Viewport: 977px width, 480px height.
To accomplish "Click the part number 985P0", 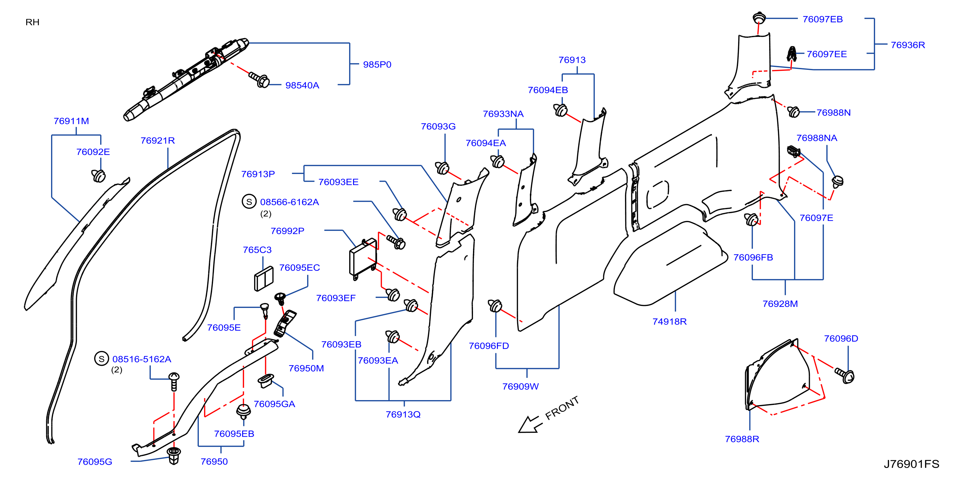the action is point(377,64).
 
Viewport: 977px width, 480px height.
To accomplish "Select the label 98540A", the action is point(302,85).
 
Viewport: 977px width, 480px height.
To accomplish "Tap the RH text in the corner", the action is point(33,22).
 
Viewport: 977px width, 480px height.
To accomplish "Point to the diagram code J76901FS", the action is point(911,464).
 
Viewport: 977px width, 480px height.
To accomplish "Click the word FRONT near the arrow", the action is point(562,408).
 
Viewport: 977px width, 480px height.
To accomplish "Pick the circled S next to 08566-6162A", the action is point(249,202).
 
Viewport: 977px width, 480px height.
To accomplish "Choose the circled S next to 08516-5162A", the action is point(102,359).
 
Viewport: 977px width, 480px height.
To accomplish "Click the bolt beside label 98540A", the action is point(259,79).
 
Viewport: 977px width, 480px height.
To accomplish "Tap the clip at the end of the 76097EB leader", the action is point(759,17).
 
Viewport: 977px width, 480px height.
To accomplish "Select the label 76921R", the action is point(158,141).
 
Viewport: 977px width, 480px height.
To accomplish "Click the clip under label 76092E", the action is point(99,175).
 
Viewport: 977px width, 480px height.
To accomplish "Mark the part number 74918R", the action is point(670,322).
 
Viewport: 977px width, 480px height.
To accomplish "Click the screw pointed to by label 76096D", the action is point(845,375).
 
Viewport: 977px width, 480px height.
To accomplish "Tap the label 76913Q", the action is point(403,414).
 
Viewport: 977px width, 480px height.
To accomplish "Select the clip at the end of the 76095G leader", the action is point(174,455).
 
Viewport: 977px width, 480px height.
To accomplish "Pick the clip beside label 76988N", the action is point(793,112).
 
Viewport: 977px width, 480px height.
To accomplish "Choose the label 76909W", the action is point(521,386).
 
